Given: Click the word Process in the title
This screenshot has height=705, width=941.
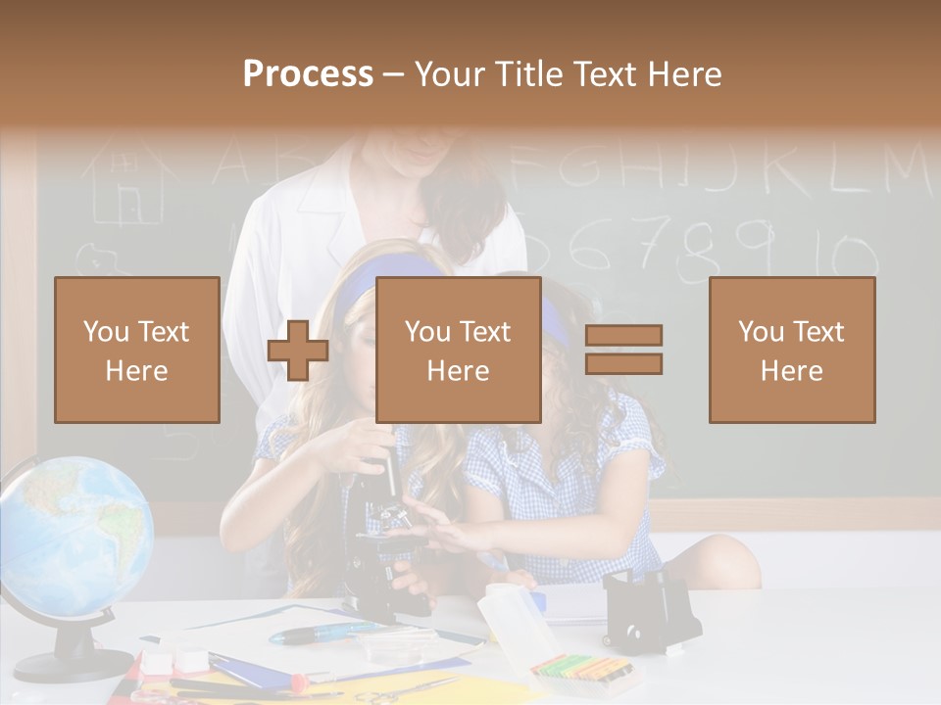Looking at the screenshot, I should pos(308,74).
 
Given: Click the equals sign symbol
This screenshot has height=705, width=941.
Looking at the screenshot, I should pos(623,350).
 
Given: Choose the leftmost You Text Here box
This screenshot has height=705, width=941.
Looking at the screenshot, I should pos(137,350).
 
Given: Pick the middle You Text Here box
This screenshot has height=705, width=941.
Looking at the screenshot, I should pos(458,350).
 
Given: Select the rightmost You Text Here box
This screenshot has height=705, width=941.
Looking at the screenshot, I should pos(791,350).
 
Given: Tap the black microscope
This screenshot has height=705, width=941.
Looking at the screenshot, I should pos(382,548).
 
